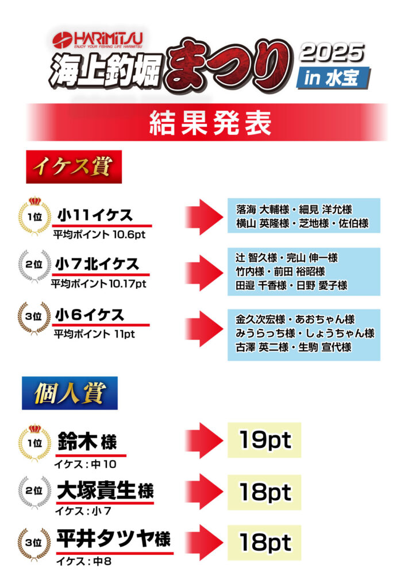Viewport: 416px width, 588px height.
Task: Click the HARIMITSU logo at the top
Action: (98, 40)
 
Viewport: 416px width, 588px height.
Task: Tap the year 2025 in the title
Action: (333, 53)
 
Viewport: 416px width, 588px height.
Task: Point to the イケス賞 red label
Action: (74, 167)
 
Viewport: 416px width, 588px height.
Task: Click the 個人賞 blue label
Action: (70, 394)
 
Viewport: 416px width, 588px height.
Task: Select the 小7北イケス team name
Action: (98, 265)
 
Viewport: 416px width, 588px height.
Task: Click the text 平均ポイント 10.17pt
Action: (99, 284)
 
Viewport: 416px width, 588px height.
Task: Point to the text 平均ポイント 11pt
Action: (94, 334)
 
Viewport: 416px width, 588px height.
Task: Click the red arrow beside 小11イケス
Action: (205, 216)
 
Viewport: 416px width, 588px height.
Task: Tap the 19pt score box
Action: (264, 440)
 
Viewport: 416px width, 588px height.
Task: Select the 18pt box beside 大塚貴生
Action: (264, 492)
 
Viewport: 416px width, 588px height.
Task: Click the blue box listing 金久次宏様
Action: (304, 334)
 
